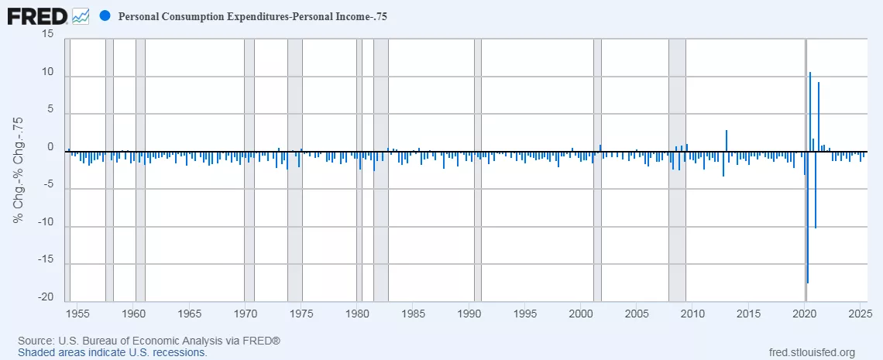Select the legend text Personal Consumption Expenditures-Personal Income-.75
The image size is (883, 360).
click(247, 16)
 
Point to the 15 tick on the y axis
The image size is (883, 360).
click(48, 34)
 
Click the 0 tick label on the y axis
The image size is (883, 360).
click(50, 147)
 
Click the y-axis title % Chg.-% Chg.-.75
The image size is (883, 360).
click(19, 170)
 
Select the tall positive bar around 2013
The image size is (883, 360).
click(727, 140)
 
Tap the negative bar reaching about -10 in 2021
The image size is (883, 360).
click(816, 194)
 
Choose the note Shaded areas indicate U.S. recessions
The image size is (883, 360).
click(112, 352)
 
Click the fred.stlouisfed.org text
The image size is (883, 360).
click(810, 352)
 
